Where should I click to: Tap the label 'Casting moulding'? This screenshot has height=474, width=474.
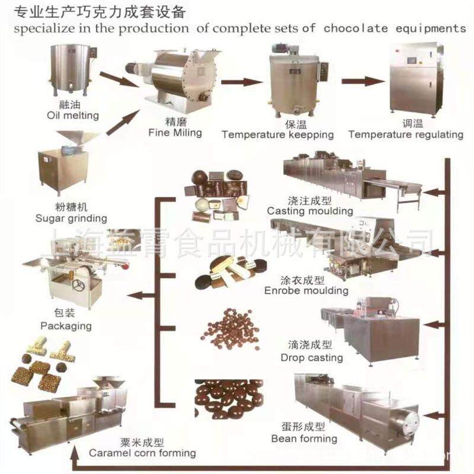310,210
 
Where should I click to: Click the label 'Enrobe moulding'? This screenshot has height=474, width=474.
306,290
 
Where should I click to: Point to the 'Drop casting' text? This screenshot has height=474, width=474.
312,357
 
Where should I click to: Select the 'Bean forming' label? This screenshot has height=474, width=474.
304,438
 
